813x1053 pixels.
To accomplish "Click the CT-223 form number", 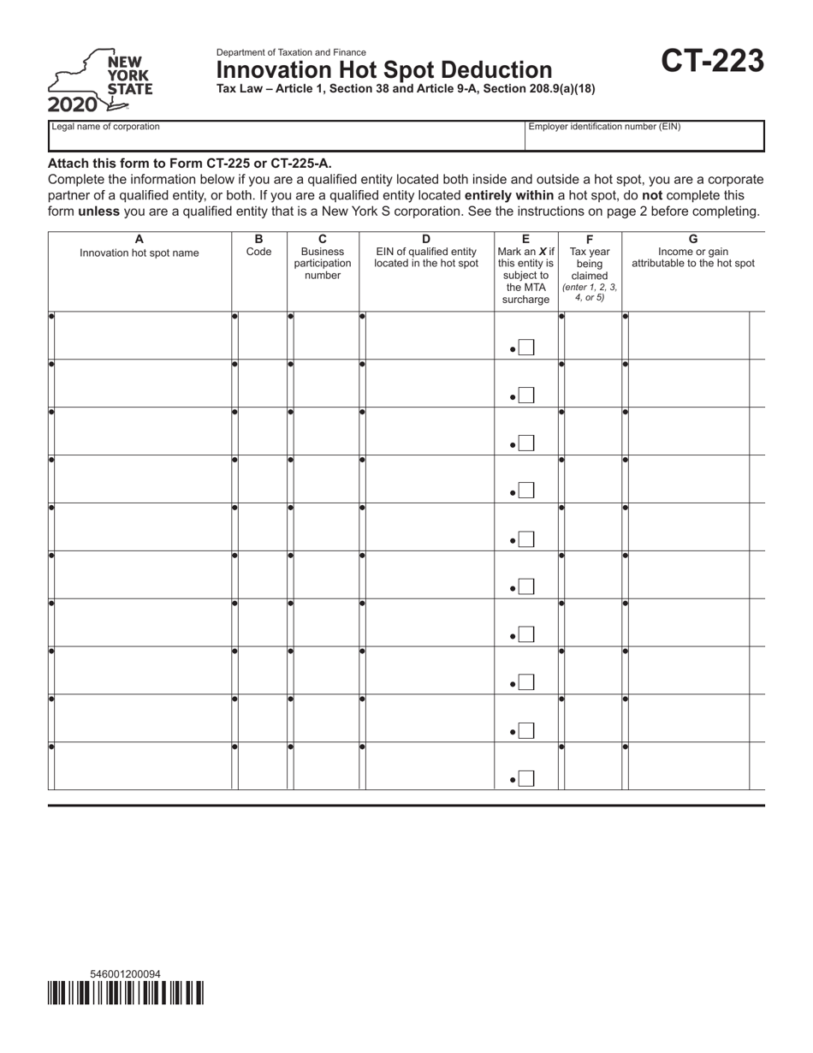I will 712,62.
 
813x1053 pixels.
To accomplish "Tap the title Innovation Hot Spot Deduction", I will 384,70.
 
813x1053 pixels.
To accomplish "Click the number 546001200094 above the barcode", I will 125,974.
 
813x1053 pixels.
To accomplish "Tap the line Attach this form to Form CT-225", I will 190,163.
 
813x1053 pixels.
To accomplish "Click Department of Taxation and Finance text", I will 291,52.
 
